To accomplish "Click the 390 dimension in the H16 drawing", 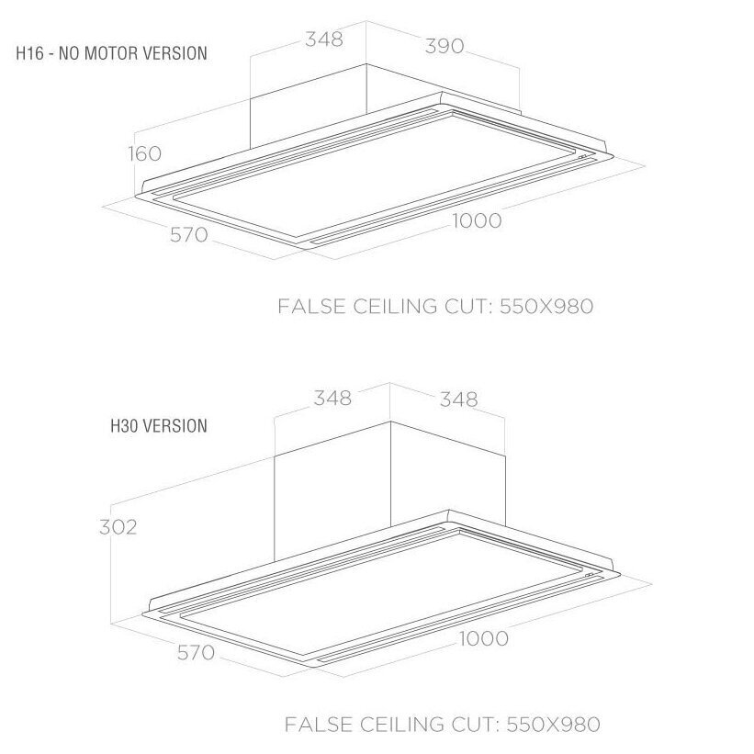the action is pyautogui.click(x=445, y=46).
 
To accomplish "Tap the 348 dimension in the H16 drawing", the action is pyautogui.click(x=324, y=39).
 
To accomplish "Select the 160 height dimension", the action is pyautogui.click(x=144, y=153).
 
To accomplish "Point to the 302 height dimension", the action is pyautogui.click(x=118, y=527).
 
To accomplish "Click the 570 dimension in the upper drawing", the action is pyautogui.click(x=189, y=235).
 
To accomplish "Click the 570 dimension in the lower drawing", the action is pyautogui.click(x=196, y=653).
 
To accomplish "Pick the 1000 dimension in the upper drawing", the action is pyautogui.click(x=477, y=220).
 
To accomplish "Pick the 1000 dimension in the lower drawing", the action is pyautogui.click(x=484, y=638).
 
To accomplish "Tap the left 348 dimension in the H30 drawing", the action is pyautogui.click(x=332, y=399).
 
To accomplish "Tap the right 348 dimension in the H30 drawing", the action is pyautogui.click(x=459, y=400).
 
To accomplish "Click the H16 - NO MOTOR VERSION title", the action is pyautogui.click(x=111, y=53).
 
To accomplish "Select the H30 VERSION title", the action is pyautogui.click(x=159, y=426).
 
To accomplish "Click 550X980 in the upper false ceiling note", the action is pyautogui.click(x=546, y=307).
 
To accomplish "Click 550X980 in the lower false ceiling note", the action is pyautogui.click(x=553, y=725).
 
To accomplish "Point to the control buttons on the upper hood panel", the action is pyautogui.click(x=583, y=157).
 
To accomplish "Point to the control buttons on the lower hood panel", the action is pyautogui.click(x=590, y=575).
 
